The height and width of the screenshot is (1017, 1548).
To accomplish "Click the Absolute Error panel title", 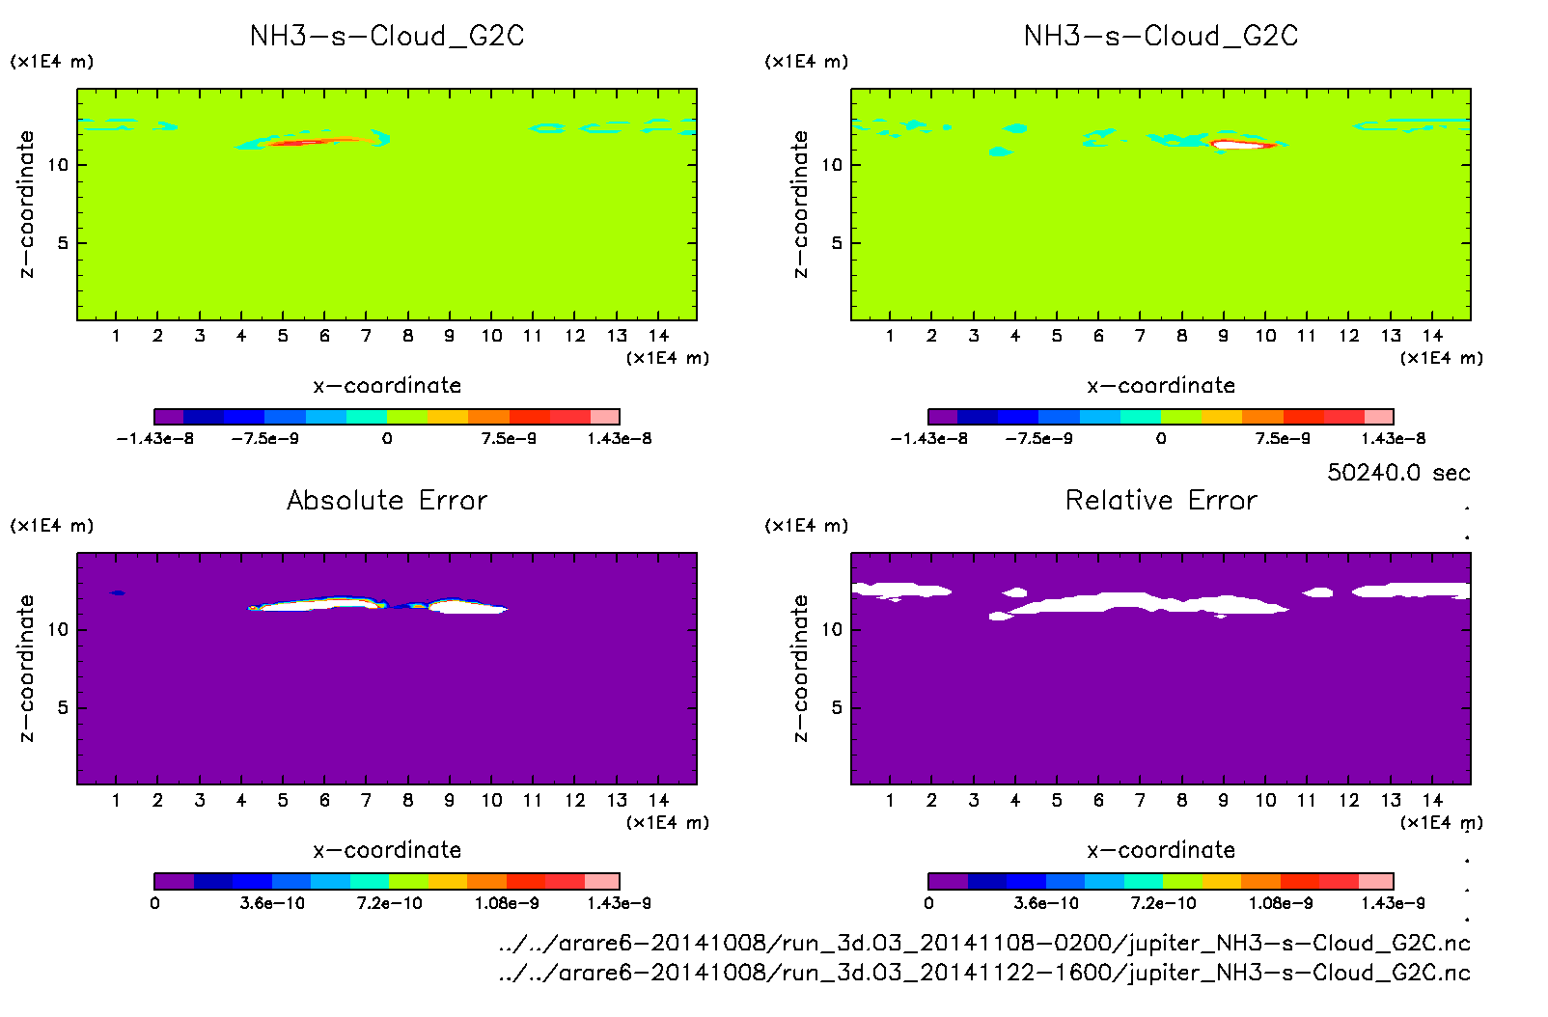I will coord(387,500).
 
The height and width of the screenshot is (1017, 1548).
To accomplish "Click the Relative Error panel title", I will coord(1161,500).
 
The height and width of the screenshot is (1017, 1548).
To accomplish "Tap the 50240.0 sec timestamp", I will coord(1398,473).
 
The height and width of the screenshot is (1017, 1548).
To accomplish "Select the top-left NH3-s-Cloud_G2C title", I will coord(387,37).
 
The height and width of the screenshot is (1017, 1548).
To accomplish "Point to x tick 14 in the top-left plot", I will coord(658,336).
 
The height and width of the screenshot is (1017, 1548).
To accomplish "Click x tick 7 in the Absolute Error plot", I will coord(366,800).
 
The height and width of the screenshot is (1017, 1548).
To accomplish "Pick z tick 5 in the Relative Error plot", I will coord(837,707).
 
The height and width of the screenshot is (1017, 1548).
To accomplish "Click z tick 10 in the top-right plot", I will coord(832,165).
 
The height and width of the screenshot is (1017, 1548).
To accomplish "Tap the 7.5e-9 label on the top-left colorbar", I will coord(509,438).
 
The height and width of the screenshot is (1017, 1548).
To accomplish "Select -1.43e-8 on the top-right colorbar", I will coord(928,438).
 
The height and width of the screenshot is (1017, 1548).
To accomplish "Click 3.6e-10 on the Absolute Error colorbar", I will coord(272,903).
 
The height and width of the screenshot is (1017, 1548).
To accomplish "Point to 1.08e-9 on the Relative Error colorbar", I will coord(1280,903).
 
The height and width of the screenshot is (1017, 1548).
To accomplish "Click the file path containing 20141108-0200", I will coord(984,943).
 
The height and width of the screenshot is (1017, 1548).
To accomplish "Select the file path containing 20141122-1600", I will coord(984,973).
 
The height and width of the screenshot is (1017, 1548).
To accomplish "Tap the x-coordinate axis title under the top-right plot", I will coord(1161,386).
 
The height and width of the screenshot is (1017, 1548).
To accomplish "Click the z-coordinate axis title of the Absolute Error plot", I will coord(26,668).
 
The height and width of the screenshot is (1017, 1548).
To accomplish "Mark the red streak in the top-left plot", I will coord(309,142).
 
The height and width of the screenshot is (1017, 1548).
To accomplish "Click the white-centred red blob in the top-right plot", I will coord(1243,145).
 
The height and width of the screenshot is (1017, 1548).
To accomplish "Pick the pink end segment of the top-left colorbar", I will coord(604,417).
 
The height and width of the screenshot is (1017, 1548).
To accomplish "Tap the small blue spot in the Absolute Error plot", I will coord(118,592).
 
